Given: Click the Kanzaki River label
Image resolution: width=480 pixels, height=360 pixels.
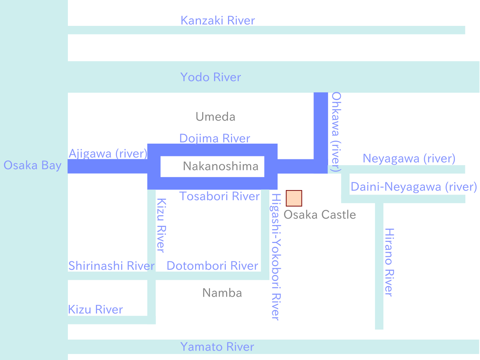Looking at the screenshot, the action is point(217,21).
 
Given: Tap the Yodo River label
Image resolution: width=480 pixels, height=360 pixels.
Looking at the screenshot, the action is point(210,77).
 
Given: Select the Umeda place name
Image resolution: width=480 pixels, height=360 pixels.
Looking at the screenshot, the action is point(215,117).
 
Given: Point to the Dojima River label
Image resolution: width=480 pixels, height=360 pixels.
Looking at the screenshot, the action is point(214,138).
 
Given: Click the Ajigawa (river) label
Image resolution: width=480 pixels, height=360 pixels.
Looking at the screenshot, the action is point(108,153).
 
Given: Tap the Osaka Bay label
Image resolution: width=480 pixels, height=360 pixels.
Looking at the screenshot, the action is point(32,165).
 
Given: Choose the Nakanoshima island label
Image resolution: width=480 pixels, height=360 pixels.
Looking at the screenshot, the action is point(220,166).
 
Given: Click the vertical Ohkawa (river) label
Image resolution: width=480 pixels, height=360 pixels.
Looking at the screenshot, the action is point(336,132).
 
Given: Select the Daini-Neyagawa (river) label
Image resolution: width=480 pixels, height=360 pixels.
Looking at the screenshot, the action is point(414,187).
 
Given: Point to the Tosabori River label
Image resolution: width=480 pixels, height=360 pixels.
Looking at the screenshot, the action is point(219,196).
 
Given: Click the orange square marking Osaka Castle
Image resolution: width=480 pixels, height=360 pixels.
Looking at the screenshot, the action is point(294,198).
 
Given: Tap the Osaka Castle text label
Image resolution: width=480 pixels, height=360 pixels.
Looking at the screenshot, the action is point(319,214).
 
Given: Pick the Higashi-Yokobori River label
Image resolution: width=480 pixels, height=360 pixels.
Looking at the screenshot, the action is point(276,257).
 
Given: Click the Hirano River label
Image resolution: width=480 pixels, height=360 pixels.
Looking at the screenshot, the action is point(389,262).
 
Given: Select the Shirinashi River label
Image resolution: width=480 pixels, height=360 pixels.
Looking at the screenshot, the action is point(111,266).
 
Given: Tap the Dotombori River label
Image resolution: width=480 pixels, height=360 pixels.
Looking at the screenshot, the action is point(212,266).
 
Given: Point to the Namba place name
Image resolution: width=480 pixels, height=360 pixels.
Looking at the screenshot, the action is point(222,293).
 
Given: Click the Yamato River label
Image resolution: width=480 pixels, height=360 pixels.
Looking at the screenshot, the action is point(217,347).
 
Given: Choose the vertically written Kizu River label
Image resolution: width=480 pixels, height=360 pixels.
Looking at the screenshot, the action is point(161,226).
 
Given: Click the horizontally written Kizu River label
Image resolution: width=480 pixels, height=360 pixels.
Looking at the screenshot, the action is point(95,309).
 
